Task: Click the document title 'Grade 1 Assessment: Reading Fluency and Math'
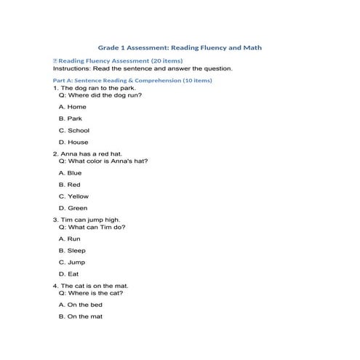(180, 47)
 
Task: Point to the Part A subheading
(132, 80)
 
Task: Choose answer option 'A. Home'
(72, 107)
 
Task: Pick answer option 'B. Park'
(71, 118)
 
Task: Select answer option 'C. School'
(74, 130)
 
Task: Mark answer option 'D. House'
(73, 142)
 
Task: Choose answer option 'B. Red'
(70, 185)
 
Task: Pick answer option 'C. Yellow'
(73, 196)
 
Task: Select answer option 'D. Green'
(73, 208)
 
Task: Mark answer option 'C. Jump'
(72, 262)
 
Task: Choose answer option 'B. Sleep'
(72, 250)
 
